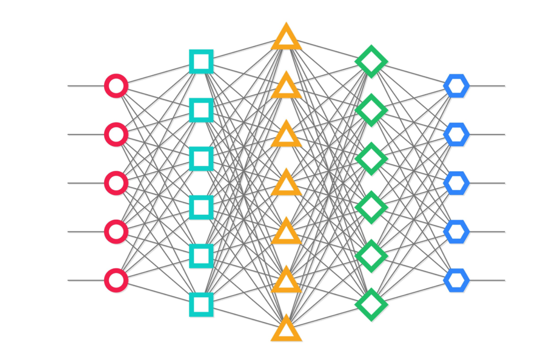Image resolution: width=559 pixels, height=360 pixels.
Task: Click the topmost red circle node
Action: tap(116, 86)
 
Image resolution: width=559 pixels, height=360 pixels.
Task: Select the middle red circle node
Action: tap(116, 183)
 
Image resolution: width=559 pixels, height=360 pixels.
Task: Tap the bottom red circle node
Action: tap(116, 280)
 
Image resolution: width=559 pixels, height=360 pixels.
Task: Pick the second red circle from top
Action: tap(116, 134)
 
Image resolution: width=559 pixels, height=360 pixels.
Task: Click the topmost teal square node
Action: tap(201, 61)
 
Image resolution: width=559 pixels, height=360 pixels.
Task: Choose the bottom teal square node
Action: tap(201, 304)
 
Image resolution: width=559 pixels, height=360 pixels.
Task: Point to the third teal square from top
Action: tap(201, 159)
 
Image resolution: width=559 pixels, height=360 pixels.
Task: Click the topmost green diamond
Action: tap(371, 61)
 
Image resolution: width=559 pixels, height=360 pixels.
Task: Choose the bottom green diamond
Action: tap(371, 304)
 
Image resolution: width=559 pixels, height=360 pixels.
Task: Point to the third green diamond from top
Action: tap(371, 159)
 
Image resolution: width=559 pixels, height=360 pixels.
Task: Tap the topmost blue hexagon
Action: tap(456, 86)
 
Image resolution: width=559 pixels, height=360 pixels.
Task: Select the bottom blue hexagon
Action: tap(456, 280)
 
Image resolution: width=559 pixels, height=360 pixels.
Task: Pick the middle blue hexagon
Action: tap(456, 183)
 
